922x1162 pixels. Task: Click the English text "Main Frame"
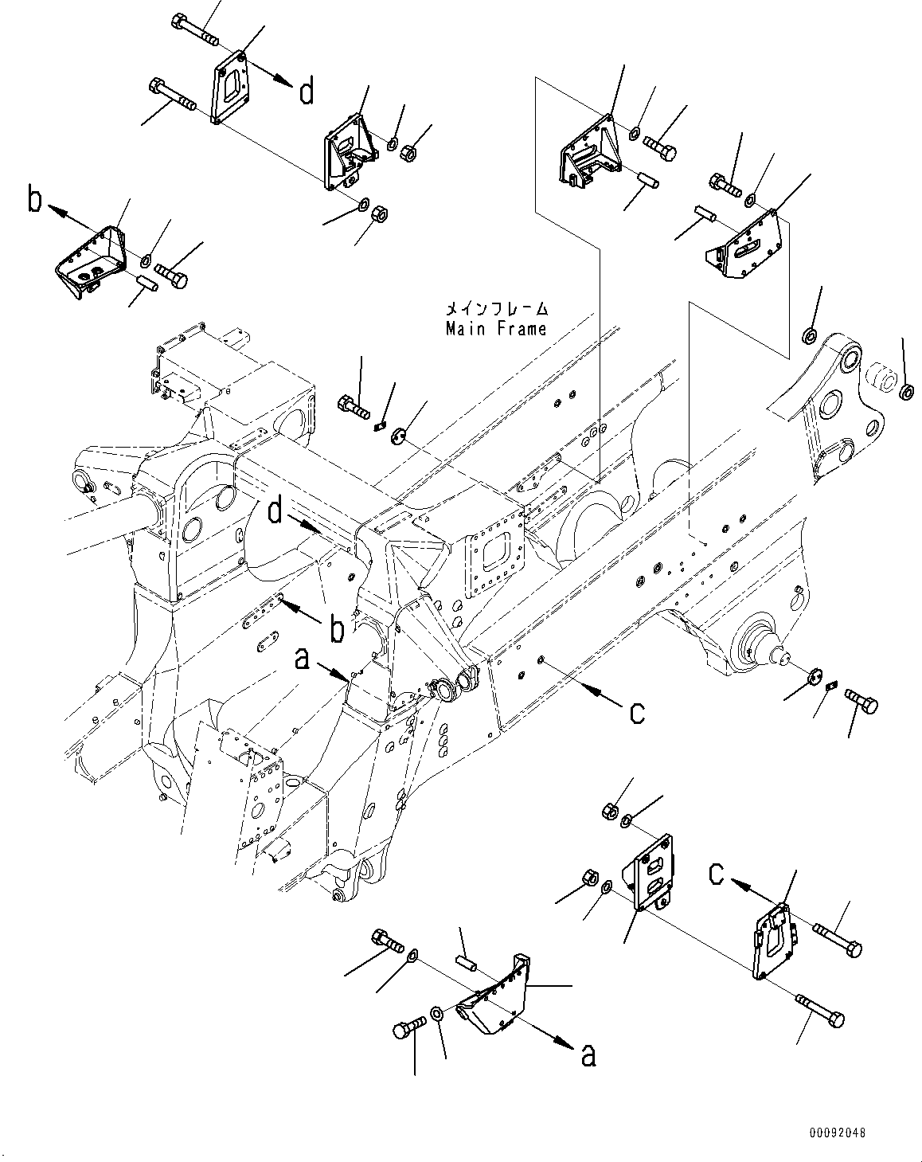496,328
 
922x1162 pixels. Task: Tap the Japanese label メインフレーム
496,308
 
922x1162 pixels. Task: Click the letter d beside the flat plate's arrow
306,92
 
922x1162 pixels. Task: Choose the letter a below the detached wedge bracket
588,1054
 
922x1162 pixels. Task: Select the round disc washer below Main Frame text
399,432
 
